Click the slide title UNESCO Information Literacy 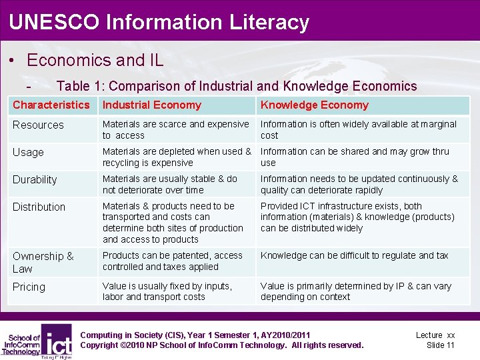(x=159, y=22)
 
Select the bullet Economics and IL (x=95, y=60)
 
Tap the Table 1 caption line (x=237, y=86)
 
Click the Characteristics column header (x=51, y=105)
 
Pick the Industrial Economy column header (x=151, y=105)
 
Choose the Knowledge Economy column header (x=314, y=105)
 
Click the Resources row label (x=38, y=125)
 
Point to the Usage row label (x=28, y=152)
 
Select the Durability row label (x=35, y=179)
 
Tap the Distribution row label (x=39, y=207)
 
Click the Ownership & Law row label (x=43, y=262)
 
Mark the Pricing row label (x=29, y=287)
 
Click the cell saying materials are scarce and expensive (x=175, y=129)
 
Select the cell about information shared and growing (x=355, y=157)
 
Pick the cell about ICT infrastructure (x=357, y=217)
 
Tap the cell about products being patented (x=172, y=261)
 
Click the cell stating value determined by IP (x=355, y=291)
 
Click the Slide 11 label (x=440, y=345)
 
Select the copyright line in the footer (x=221, y=345)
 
